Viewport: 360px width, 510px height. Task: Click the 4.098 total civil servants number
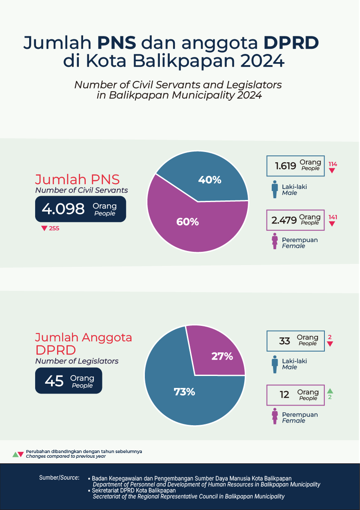[63, 209]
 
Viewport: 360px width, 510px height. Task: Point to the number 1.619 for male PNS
[285, 166]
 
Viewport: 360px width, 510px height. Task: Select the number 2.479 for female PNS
[284, 220]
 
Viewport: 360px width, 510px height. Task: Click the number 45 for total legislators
[54, 381]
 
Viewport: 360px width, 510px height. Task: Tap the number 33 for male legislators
[285, 341]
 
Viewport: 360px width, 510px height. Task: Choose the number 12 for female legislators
[285, 394]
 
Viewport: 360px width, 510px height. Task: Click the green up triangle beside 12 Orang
[330, 391]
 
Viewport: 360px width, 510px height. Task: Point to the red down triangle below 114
[332, 171]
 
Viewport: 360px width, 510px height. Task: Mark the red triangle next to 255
[44, 228]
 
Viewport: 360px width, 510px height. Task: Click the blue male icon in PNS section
[274, 190]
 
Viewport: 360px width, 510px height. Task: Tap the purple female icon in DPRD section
[274, 417]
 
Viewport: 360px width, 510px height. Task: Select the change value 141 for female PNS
[333, 217]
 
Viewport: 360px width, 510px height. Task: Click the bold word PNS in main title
[117, 43]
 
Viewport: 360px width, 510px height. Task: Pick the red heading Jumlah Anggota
[84, 337]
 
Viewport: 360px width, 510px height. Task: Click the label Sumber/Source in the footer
[59, 477]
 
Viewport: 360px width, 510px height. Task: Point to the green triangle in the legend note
[15, 454]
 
